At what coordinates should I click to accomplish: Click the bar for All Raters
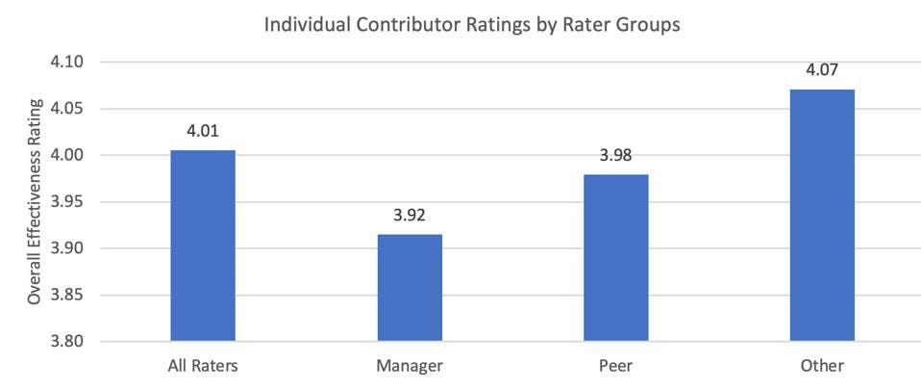(203, 246)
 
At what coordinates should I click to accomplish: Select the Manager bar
(410, 288)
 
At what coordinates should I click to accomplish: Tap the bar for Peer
(616, 258)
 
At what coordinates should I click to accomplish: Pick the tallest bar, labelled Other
(822, 216)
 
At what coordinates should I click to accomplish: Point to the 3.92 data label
(410, 216)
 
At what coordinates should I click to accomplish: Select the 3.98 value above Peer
(616, 156)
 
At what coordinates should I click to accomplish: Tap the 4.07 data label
(822, 70)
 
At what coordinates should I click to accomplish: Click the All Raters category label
(203, 367)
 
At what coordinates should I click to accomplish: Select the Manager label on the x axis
(410, 367)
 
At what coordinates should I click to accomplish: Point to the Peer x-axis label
(616, 367)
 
